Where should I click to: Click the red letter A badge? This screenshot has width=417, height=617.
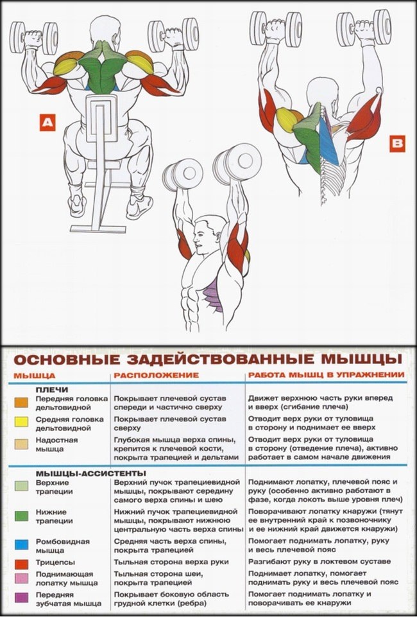pos(46,123)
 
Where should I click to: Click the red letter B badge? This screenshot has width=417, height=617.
pos(397,144)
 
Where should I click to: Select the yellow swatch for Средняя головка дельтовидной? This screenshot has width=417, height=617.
pos(21,422)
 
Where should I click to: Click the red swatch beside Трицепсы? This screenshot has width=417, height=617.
pos(21,562)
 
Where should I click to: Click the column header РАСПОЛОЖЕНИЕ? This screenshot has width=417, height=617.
pos(156,375)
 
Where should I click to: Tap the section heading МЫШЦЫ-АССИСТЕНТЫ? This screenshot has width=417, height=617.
pos(72,472)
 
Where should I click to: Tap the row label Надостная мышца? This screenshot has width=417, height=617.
pos(56,444)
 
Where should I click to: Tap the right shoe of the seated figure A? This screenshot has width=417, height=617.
pos(140,205)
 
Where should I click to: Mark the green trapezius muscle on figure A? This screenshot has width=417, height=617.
pos(103,71)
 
